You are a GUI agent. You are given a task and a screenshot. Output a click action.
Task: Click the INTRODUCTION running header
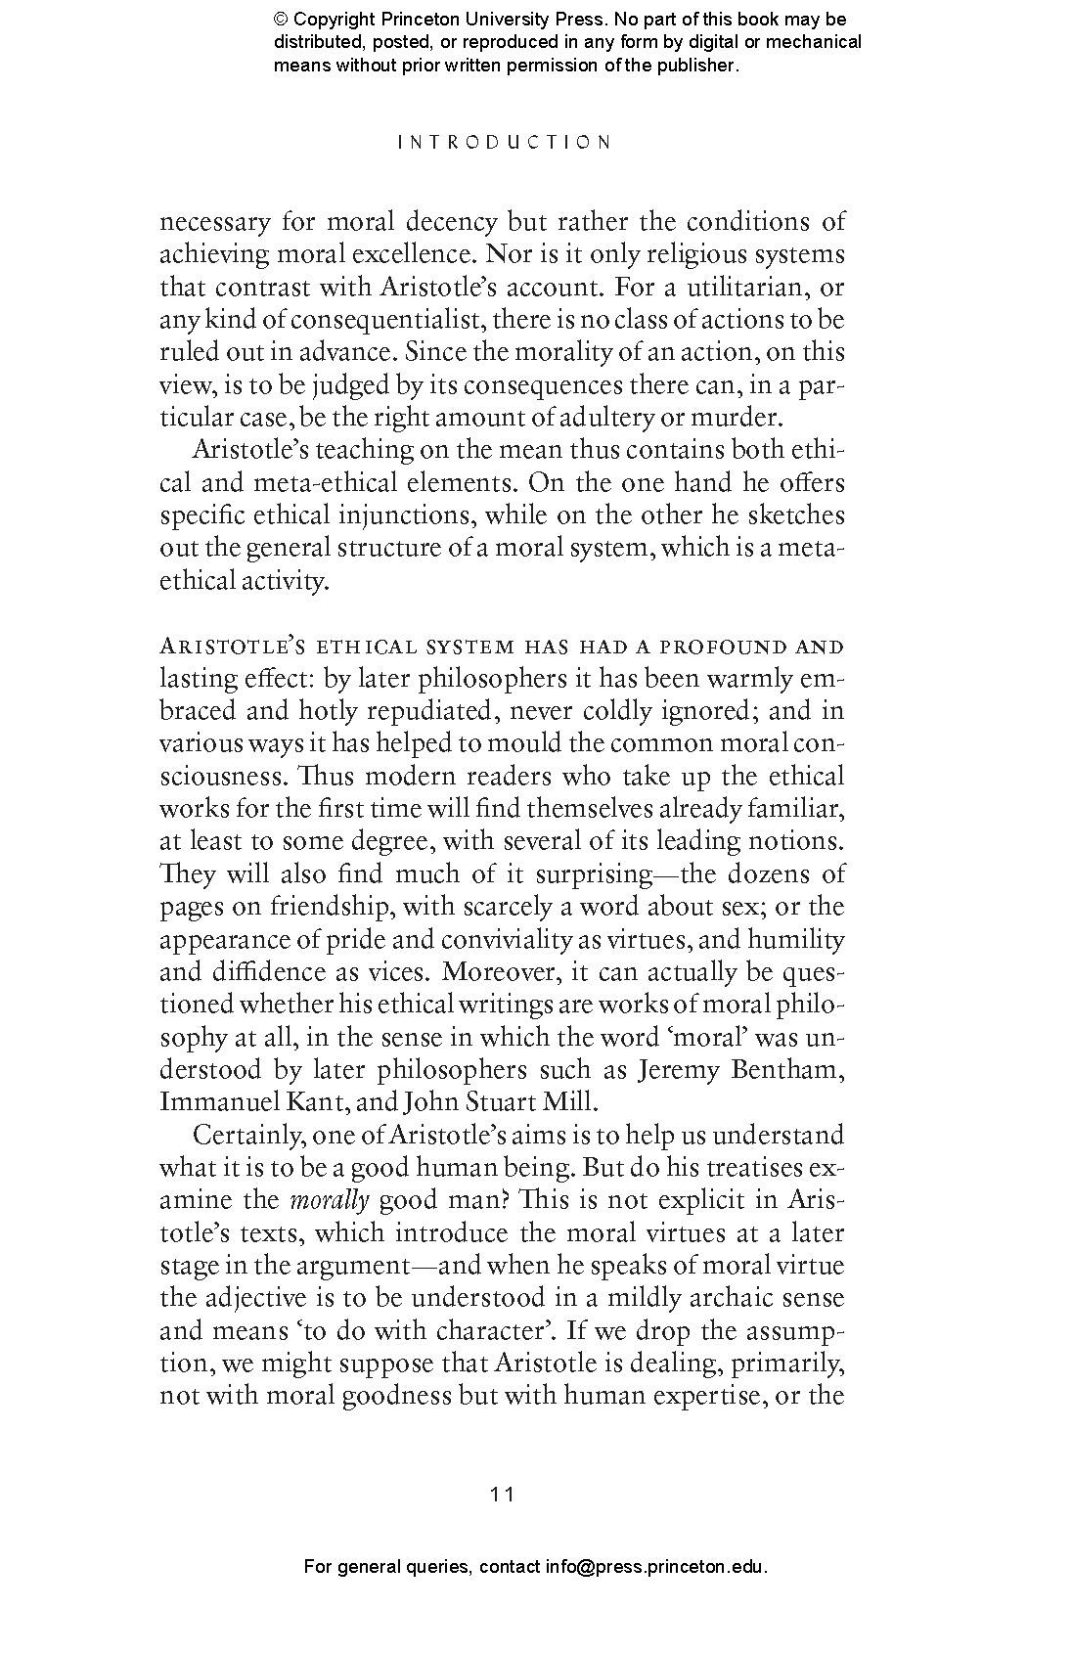point(504,142)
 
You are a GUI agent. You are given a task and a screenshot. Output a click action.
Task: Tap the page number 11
point(503,1494)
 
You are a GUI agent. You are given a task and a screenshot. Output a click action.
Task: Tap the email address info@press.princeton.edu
point(655,1566)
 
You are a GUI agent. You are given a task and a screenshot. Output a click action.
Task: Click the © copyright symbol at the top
point(282,20)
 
